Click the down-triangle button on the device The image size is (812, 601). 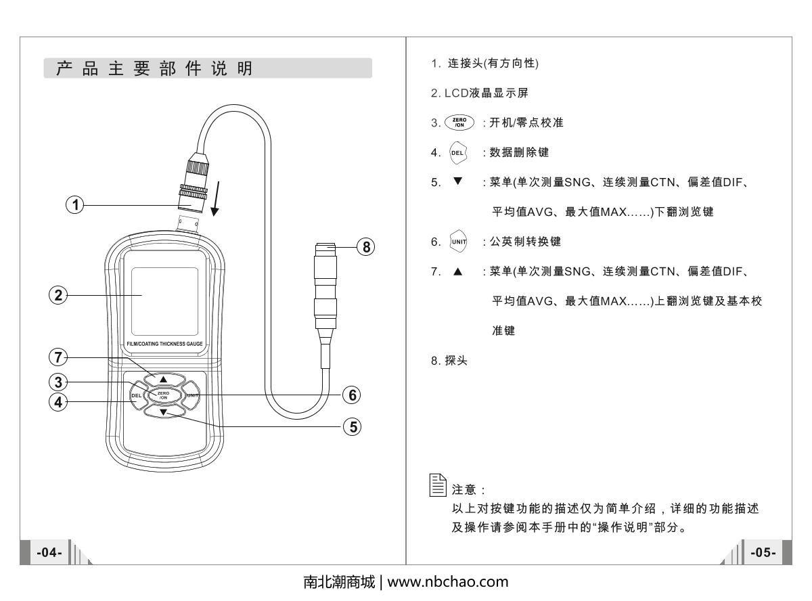coord(163,411)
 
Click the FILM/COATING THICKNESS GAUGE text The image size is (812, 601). coord(165,344)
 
